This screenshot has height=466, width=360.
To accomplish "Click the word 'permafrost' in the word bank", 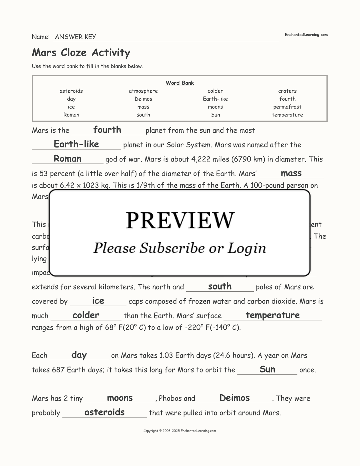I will click(x=287, y=107).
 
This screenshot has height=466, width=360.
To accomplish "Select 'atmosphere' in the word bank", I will click(x=143, y=91).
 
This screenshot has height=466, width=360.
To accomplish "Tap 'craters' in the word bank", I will click(x=287, y=91).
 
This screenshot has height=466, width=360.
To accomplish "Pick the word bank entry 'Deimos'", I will click(x=143, y=99).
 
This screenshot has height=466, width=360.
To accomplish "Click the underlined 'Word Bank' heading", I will click(x=180, y=83).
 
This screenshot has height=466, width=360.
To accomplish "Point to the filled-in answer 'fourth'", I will click(x=107, y=130).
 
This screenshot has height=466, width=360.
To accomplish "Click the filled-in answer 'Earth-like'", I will click(x=76, y=144).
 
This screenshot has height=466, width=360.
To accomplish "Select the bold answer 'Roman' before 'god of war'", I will click(x=67, y=159).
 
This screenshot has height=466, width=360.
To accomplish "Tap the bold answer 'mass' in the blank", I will click(x=291, y=173).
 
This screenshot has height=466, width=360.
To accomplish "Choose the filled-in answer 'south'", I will click(x=220, y=286).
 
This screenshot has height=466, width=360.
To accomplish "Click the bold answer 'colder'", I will click(x=86, y=315).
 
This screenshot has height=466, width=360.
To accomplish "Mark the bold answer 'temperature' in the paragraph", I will click(x=273, y=315).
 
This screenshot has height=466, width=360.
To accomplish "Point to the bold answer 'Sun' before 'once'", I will click(x=267, y=369).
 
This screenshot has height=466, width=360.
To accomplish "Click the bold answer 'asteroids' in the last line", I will click(x=104, y=412).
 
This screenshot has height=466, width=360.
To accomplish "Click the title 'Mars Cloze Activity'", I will click(x=81, y=52).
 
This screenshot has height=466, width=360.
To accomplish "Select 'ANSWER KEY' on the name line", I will click(x=75, y=37).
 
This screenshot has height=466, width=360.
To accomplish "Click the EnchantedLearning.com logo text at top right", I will click(x=306, y=35).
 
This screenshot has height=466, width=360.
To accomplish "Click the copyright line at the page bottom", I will click(x=180, y=431).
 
